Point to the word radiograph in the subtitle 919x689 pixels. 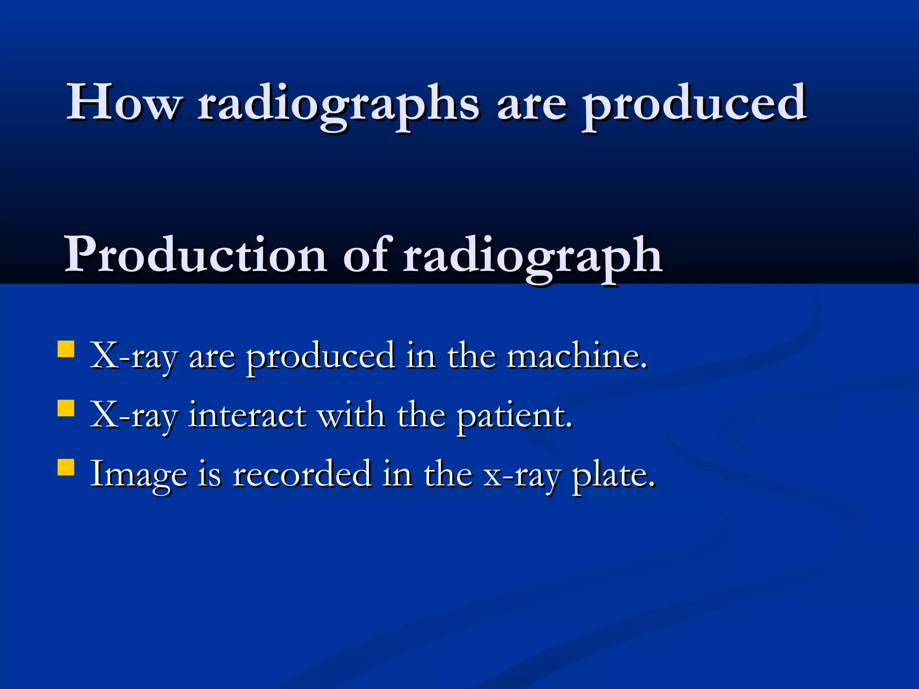click(532, 258)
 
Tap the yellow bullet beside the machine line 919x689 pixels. click(66, 349)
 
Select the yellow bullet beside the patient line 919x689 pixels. click(66, 408)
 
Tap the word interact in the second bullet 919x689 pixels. click(247, 415)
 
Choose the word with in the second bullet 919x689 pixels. click(351, 415)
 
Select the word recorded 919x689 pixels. click(302, 474)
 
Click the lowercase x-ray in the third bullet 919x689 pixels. click(522, 476)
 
